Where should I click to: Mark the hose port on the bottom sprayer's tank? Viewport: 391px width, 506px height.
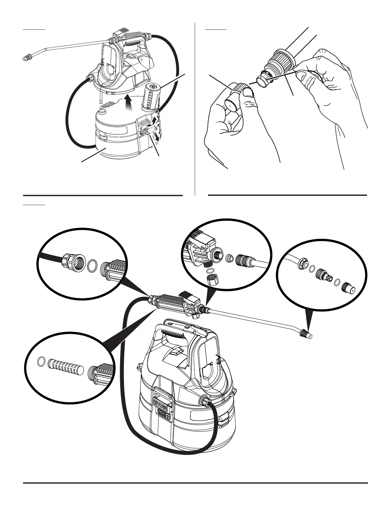[x=204, y=401]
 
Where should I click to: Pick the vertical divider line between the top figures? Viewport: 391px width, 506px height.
[x=195, y=109]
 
